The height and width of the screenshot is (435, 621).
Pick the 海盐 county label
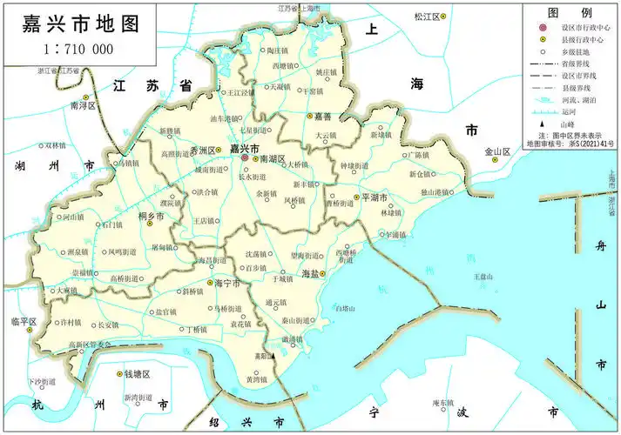click(x=310, y=274)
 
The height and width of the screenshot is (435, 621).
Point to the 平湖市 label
click(x=374, y=198)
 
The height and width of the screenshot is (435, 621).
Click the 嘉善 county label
click(x=323, y=117)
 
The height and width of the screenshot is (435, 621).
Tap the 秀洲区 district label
click(x=202, y=150)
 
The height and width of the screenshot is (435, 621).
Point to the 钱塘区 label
click(x=137, y=374)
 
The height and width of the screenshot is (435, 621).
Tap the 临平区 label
click(x=22, y=322)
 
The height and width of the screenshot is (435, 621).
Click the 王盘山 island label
click(x=483, y=277)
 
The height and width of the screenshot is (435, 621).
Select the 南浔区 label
click(x=83, y=105)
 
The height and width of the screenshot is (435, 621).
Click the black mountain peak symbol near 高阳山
click(x=273, y=356)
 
